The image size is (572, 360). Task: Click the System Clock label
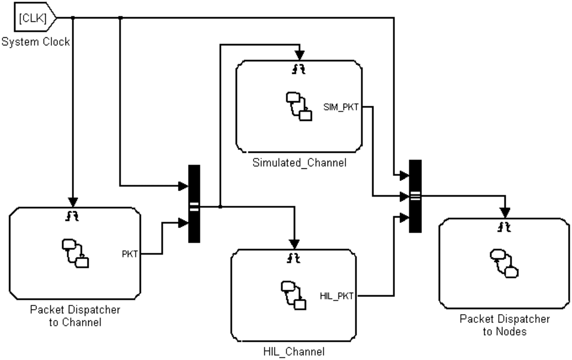pyautogui.click(x=35, y=42)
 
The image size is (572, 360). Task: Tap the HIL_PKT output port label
pyautogui.click(x=337, y=296)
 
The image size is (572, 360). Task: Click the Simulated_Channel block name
pyautogui.click(x=299, y=163)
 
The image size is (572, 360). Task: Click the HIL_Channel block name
pyautogui.click(x=294, y=352)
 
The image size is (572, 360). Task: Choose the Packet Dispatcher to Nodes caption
pyautogui.click(x=504, y=325)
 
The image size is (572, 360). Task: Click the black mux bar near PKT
pyautogui.click(x=194, y=204)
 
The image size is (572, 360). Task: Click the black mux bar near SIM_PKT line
pyautogui.click(x=415, y=196)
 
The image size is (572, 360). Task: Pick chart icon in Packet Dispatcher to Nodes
pyautogui.click(x=504, y=263)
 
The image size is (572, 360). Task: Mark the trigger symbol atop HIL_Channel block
pyautogui.click(x=294, y=258)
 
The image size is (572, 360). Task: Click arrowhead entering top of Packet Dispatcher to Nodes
pyautogui.click(x=504, y=213)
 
